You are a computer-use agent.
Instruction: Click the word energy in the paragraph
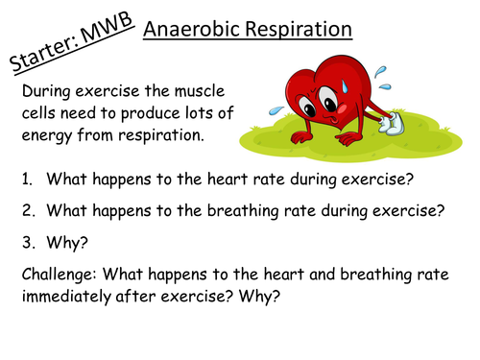(45, 135)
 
